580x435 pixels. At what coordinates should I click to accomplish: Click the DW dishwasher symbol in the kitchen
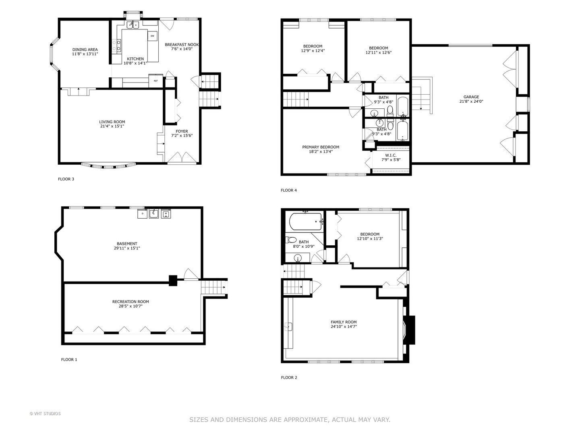point(152,36)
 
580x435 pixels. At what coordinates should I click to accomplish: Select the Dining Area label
point(85,50)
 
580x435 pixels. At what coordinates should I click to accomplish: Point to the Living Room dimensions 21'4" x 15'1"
point(112,126)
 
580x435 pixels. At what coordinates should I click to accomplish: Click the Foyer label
point(182,131)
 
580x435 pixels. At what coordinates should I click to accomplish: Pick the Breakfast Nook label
point(182,45)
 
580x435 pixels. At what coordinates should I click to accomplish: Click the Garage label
point(471,97)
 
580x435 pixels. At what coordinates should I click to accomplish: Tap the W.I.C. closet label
point(390,155)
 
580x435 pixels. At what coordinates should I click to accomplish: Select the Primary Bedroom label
point(321,147)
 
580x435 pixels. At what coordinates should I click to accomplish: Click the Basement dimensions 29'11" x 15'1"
point(127,248)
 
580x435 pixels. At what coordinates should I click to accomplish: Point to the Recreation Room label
point(130,302)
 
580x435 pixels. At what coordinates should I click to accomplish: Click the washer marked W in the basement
point(166,214)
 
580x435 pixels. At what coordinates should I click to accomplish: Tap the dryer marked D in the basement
point(142,214)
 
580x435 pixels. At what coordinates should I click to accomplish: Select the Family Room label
point(344,322)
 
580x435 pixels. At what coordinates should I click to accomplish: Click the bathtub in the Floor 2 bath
point(306,222)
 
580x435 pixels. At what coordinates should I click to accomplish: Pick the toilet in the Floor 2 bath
point(291,240)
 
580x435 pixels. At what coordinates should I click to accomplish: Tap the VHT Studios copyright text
point(45,414)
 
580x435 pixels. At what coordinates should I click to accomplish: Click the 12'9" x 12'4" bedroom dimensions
point(313,51)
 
